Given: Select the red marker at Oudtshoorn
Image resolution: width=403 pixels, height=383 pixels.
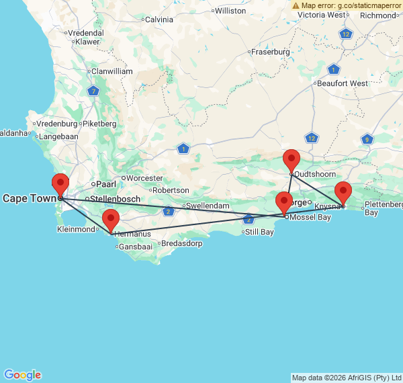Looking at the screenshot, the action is click(x=292, y=161).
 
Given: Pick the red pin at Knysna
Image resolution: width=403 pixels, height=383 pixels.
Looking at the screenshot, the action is click(x=343, y=192).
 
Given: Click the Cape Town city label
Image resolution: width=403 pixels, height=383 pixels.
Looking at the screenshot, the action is click(x=29, y=198).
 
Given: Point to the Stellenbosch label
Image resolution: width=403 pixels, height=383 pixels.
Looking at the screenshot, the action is click(x=115, y=199).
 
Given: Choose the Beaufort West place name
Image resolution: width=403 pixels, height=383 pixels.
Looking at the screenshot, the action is click(x=343, y=83).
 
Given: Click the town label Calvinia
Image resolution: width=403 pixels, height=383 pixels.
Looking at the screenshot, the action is click(x=159, y=19).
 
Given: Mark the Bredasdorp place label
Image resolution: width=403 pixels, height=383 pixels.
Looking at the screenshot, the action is click(x=181, y=243).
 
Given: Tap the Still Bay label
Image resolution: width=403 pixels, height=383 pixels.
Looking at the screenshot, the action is click(x=259, y=232).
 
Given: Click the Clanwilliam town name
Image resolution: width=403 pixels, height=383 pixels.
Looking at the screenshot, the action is click(x=112, y=71).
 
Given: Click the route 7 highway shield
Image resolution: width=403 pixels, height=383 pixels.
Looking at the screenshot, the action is click(x=93, y=91).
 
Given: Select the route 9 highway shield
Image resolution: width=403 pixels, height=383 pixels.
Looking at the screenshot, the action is click(x=367, y=139).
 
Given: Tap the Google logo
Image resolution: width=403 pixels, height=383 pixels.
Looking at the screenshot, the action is click(x=22, y=375).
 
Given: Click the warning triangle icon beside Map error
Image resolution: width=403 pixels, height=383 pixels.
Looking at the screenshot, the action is click(x=296, y=5).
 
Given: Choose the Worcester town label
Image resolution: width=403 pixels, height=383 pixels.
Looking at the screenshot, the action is click(x=144, y=178).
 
